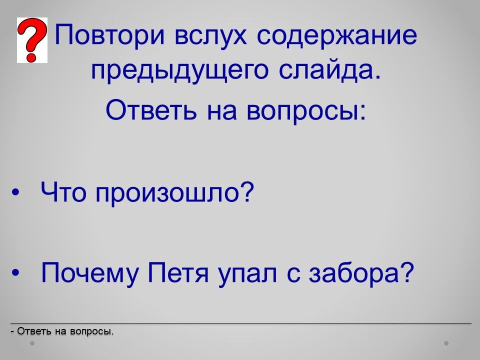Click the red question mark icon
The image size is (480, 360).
click(32, 40)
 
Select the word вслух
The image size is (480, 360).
click(210, 34)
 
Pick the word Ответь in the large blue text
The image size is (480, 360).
click(151, 110)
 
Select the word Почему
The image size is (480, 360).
click(89, 273)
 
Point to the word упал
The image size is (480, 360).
click(247, 274)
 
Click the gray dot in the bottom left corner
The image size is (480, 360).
click(32, 343)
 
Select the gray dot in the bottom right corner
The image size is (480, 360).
click(446, 343)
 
